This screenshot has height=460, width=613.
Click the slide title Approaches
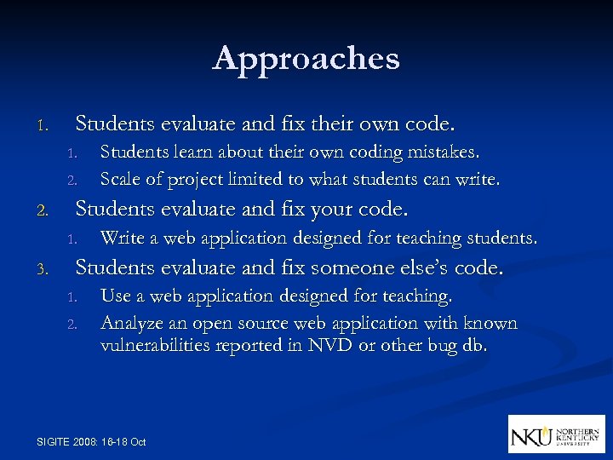click(x=306, y=58)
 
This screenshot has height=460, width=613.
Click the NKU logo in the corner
click(x=556, y=434)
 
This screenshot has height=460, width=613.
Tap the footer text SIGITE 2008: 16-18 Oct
click(x=92, y=441)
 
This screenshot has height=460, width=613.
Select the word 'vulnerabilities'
click(x=155, y=346)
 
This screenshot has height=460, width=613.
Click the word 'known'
click(x=492, y=324)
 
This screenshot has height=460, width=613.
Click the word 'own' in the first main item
click(x=377, y=124)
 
